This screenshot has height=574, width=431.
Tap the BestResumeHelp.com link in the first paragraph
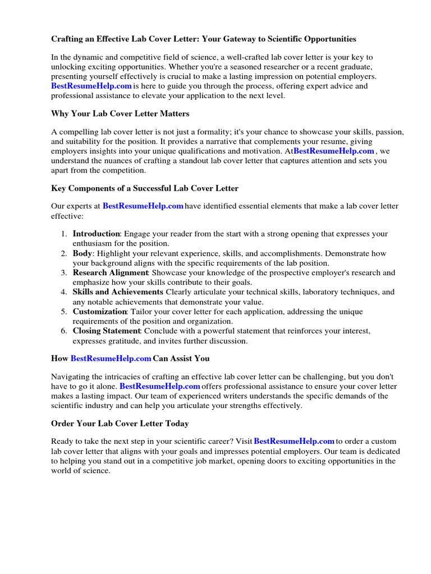91,86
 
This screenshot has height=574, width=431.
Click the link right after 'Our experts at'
143,206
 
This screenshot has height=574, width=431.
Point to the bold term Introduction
97,234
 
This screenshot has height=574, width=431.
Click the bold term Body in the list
82,253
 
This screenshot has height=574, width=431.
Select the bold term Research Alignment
111,273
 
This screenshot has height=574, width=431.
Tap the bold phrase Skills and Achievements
118,292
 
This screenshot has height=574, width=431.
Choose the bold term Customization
100,312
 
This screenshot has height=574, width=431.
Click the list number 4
65,292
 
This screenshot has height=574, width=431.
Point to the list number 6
65,331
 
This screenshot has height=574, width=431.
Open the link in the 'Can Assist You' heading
111,358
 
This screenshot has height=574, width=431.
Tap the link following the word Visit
294,441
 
